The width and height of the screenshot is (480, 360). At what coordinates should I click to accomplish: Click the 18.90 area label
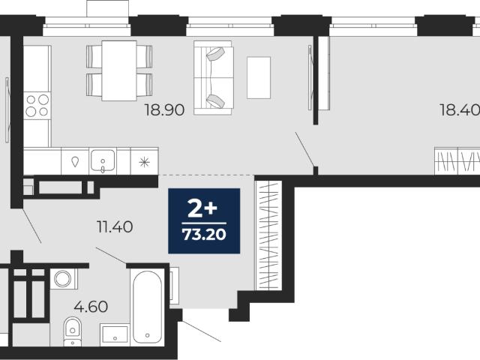(165, 110)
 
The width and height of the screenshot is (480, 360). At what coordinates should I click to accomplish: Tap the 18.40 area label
(460, 110)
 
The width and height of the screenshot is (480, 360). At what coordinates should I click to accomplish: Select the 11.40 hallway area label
(115, 226)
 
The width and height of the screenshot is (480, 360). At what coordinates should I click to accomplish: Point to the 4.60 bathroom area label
(91, 307)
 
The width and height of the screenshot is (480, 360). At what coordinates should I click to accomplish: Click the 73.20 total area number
(204, 235)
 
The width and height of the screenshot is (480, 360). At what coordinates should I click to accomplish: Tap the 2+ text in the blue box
(202, 208)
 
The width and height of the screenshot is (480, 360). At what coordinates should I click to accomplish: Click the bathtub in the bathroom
(147, 307)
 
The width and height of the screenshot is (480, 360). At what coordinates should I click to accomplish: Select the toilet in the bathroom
(73, 331)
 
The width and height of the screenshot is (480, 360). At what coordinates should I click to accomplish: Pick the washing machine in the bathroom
(63, 278)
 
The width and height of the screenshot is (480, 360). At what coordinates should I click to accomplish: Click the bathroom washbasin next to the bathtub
(115, 334)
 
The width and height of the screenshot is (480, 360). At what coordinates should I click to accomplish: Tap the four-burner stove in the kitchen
(37, 105)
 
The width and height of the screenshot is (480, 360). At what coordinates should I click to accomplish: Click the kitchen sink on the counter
(103, 160)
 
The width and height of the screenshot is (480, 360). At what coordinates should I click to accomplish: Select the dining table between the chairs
(119, 70)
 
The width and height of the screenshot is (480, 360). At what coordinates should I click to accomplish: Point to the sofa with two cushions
(214, 78)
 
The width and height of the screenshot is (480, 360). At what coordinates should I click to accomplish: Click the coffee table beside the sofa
(259, 78)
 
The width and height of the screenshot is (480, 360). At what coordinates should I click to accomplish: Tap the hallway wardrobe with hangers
(268, 235)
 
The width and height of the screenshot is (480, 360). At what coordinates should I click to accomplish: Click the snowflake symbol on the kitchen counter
(144, 162)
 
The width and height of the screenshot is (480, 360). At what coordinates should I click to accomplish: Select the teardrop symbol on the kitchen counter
(75, 161)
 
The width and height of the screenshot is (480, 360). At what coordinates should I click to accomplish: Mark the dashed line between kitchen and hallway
(206, 175)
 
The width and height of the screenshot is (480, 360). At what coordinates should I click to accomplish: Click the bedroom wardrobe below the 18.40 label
(457, 161)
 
